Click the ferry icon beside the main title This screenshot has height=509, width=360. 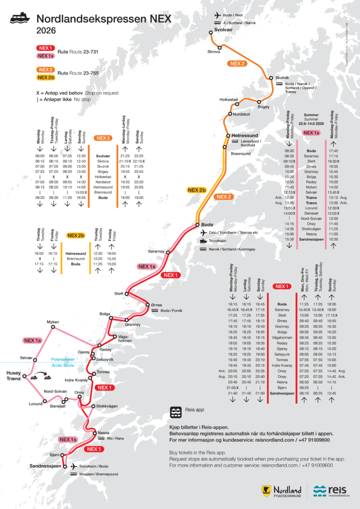tap(19, 19)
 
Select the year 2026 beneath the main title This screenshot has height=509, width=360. tap(46, 30)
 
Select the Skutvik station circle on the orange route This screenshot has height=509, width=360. tap(271, 78)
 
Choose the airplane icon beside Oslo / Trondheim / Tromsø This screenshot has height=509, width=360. tap(203, 233)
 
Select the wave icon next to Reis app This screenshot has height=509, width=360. tap(176, 412)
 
